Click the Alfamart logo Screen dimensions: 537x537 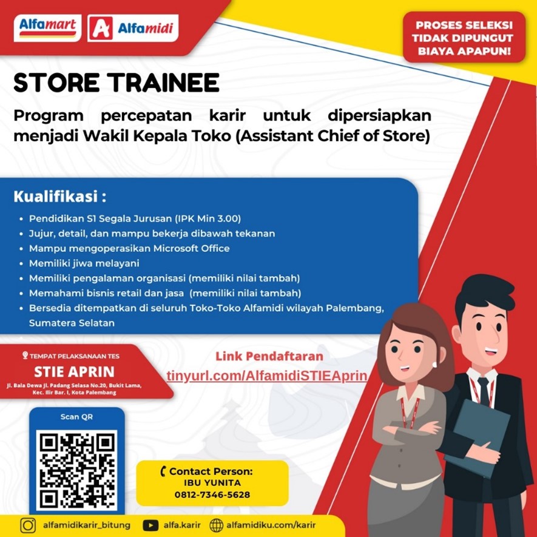[x=47, y=28]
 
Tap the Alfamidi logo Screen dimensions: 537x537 [x=133, y=28]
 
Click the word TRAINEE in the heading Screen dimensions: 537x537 [x=164, y=83]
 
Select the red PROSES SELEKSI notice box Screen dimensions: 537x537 [x=464, y=38]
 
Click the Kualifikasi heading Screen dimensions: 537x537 [x=60, y=197]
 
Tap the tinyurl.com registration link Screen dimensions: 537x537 [x=267, y=376]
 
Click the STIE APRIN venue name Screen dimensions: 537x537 [x=74, y=372]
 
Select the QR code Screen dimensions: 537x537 [x=76, y=470]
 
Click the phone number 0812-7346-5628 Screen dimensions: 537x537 [x=212, y=495]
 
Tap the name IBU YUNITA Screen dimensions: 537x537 [x=212, y=483]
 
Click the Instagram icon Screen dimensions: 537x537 [x=28, y=525]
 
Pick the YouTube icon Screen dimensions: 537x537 [x=150, y=525]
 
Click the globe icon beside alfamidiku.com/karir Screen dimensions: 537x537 [x=216, y=525]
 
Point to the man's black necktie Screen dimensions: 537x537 [x=484, y=390]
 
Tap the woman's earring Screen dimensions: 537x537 [x=434, y=365]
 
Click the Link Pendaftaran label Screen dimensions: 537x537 [x=269, y=356]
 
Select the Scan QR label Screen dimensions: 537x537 [x=76, y=417]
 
